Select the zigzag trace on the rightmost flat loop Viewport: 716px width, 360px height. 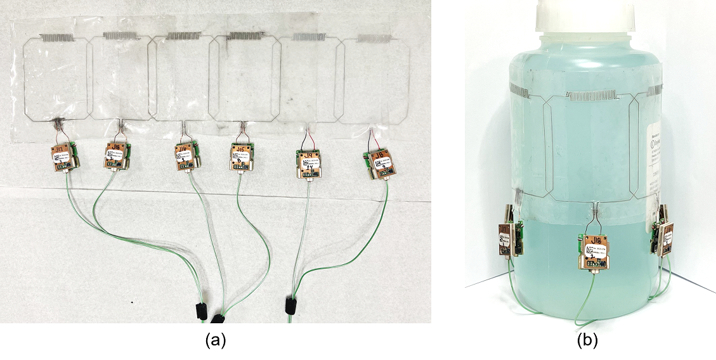point(374,38)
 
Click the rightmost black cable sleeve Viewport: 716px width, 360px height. point(292,305)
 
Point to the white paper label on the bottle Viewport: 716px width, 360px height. point(654,171)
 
